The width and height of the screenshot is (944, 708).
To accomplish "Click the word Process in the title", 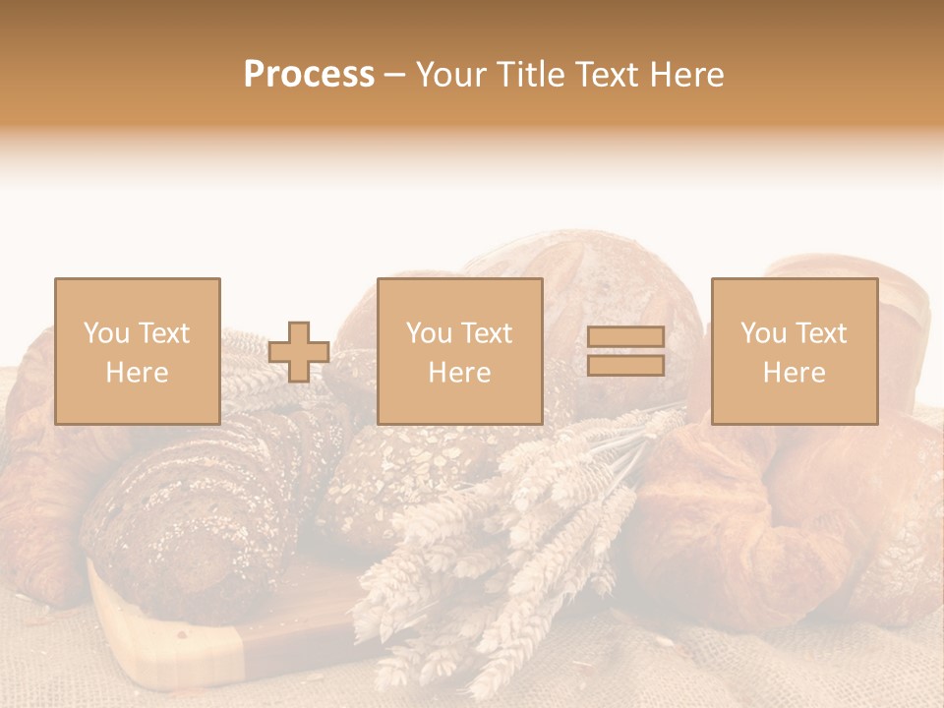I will (x=309, y=75).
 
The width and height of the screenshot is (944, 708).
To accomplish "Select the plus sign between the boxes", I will (x=299, y=352).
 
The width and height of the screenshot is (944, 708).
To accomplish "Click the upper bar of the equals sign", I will (x=625, y=337).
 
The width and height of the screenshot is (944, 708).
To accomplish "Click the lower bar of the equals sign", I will (x=625, y=366).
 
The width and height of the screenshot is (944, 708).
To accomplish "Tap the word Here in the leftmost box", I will (x=137, y=373).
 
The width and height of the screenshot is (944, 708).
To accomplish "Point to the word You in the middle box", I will (x=429, y=333).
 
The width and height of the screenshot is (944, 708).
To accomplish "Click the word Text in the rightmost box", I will (x=822, y=333).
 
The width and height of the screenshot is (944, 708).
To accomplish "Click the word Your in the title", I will (x=448, y=75).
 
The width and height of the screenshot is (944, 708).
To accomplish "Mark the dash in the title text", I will (x=395, y=75).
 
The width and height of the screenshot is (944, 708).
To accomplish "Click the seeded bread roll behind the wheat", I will (x=393, y=472).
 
